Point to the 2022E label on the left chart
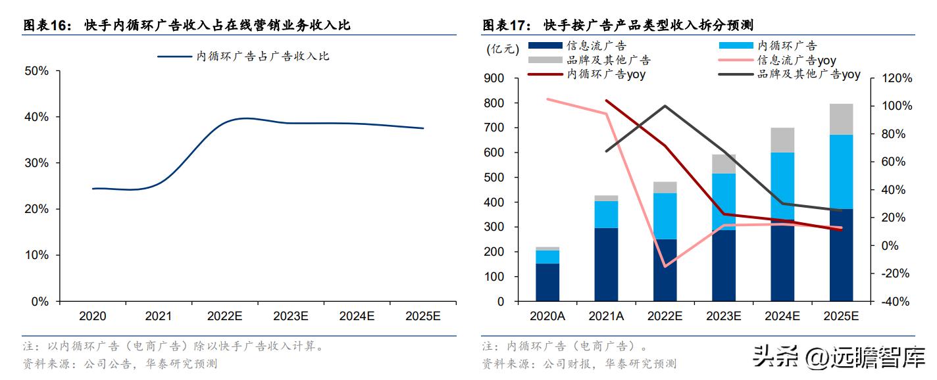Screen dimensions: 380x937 click(x=225, y=316)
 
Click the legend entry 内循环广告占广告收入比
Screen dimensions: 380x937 click(x=243, y=57)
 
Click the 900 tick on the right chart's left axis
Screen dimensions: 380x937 click(x=494, y=78)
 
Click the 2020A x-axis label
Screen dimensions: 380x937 click(x=547, y=316)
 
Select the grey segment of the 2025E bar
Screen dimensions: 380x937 click(x=841, y=119)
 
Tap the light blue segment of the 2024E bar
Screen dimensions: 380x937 click(x=782, y=185)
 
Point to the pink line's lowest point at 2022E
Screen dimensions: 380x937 click(x=665, y=266)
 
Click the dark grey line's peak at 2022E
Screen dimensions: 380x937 click(x=665, y=106)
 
